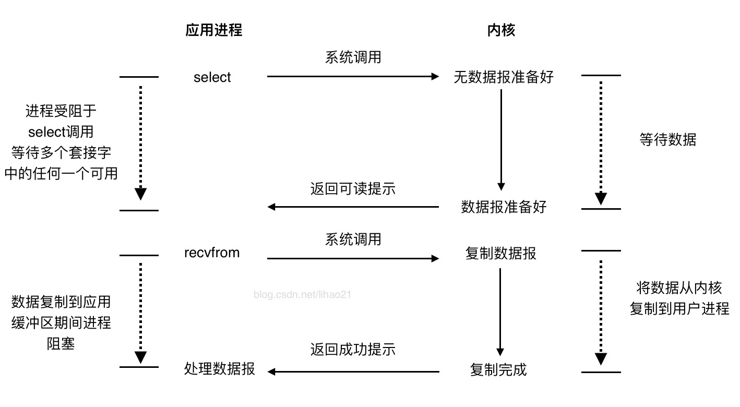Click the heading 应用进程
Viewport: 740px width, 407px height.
coord(214,30)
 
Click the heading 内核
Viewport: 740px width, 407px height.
coord(501,30)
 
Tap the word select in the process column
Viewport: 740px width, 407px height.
coord(212,77)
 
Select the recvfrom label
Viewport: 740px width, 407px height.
coord(212,253)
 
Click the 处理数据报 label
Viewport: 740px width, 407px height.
coord(220,368)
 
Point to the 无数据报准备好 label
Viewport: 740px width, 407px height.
coord(504,77)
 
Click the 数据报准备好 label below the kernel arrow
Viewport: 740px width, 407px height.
coord(504,207)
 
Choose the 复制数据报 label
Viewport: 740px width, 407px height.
coord(501,254)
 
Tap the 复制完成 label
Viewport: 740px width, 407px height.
coord(498,369)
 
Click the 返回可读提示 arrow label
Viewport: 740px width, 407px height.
coord(353,189)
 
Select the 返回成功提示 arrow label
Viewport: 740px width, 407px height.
coord(353,349)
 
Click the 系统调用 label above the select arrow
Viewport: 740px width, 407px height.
coord(353,57)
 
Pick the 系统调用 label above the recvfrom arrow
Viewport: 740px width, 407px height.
coord(353,239)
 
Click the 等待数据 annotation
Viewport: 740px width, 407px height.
coord(668,139)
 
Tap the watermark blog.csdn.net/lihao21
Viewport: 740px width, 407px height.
coord(303,294)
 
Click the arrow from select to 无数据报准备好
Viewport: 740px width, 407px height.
coord(353,76)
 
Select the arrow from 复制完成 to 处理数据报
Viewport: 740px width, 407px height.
coord(353,372)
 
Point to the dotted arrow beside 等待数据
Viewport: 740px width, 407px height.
coord(601,141)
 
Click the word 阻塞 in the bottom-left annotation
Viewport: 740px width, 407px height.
coord(61,344)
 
